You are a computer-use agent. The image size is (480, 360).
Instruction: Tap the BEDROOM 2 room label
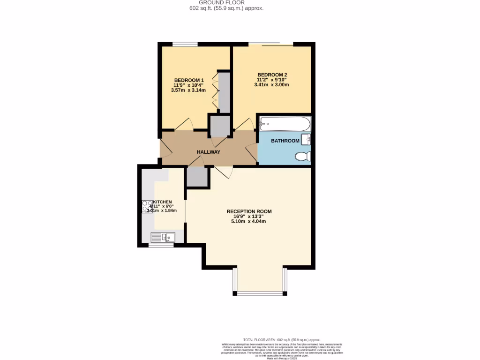(272, 75)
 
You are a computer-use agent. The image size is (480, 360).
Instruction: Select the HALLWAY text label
(208, 152)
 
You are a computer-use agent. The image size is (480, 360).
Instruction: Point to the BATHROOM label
(285, 141)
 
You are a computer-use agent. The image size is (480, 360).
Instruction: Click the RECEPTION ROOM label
(249, 211)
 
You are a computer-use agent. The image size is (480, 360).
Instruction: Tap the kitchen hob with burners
(146, 207)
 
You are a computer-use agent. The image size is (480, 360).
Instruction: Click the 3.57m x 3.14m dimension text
(189, 90)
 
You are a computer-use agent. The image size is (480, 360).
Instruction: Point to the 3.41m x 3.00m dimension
(272, 85)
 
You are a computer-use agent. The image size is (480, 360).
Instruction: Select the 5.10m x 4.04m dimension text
(249, 221)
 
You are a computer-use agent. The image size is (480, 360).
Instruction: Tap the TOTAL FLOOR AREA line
(281, 339)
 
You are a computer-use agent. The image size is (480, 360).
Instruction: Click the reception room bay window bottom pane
(260, 293)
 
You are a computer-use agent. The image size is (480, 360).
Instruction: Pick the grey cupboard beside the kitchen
(197, 177)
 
